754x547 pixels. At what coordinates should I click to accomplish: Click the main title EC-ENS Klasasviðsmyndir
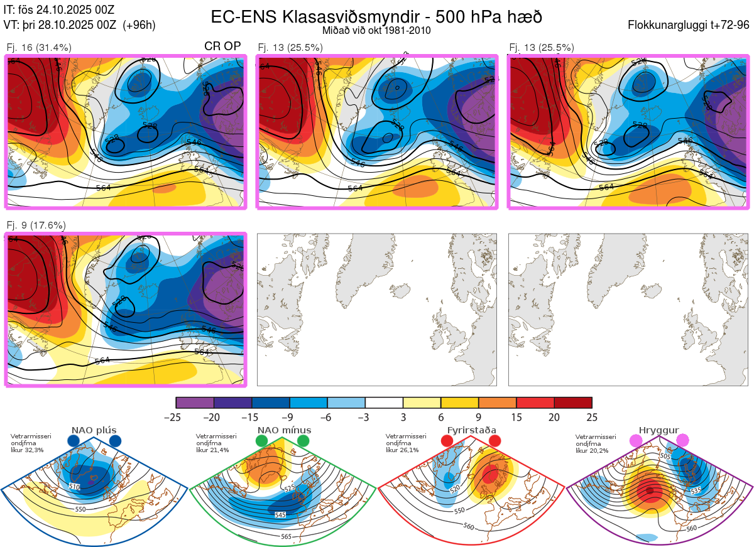click(376, 17)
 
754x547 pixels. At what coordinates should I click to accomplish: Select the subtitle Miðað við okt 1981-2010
click(376, 30)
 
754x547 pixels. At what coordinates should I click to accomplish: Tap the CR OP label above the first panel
click(222, 46)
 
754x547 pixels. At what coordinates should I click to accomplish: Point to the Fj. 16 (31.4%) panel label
click(39, 47)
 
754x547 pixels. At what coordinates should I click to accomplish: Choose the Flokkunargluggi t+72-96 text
click(688, 25)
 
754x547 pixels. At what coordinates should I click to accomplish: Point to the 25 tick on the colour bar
click(592, 417)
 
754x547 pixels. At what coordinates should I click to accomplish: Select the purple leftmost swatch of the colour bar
click(195, 403)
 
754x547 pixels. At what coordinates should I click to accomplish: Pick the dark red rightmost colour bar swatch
click(573, 403)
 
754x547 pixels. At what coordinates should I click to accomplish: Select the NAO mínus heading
click(284, 430)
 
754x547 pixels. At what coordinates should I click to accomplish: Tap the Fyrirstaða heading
click(471, 430)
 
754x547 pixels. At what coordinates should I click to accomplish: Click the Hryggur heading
click(661, 430)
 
